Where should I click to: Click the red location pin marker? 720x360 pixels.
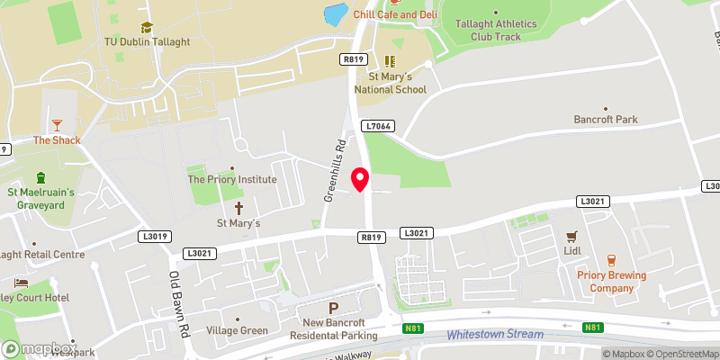[x=360, y=179]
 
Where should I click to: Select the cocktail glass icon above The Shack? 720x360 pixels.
[x=58, y=124]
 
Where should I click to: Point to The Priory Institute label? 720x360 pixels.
[x=231, y=179]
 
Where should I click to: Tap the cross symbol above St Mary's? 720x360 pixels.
[x=238, y=207]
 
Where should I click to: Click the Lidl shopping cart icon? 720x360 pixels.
[x=570, y=237]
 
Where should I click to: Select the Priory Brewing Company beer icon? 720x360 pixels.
[x=611, y=259]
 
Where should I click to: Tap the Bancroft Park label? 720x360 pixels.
[x=605, y=119]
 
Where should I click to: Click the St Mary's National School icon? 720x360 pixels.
[x=391, y=61]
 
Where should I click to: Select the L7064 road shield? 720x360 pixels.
[x=377, y=127]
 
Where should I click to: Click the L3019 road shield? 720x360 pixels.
[x=155, y=237]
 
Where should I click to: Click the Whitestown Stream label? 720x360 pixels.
[x=495, y=334]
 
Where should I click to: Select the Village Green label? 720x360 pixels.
[x=237, y=330]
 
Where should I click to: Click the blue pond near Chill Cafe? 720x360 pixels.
[x=334, y=14]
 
